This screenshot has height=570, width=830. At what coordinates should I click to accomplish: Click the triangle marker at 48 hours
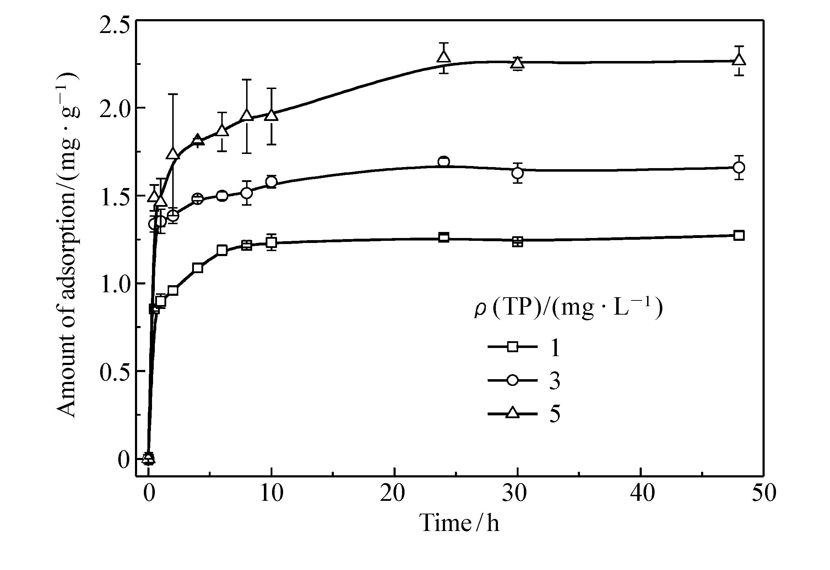tap(739, 60)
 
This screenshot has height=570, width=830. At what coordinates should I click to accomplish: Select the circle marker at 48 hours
tap(739, 167)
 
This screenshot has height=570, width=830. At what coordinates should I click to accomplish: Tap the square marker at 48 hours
tap(739, 236)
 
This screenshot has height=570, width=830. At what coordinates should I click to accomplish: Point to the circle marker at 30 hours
tap(517, 173)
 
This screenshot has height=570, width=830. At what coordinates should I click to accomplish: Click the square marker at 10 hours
tap(271, 243)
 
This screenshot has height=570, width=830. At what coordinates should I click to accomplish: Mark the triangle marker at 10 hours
tap(271, 115)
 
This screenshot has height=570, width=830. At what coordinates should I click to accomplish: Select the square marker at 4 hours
tap(197, 268)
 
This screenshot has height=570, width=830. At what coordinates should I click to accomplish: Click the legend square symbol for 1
tap(512, 347)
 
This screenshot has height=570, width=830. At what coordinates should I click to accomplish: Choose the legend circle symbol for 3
tap(512, 380)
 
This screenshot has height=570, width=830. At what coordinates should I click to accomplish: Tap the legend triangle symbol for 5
tap(512, 413)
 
